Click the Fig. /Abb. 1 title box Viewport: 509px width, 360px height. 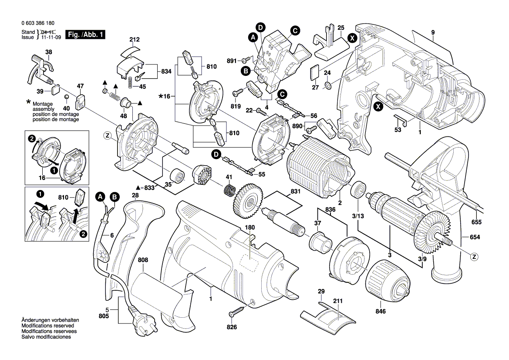[x=85, y=34]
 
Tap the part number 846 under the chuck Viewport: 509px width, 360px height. [x=381, y=311]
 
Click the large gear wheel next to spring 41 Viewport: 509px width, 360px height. [x=248, y=202]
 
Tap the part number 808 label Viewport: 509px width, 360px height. [x=143, y=260]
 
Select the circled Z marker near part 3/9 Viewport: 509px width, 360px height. [x=474, y=257]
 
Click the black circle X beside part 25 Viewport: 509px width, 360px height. [x=352, y=38]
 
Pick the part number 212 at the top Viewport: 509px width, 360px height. [x=135, y=39]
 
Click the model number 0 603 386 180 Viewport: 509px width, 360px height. [x=38, y=23]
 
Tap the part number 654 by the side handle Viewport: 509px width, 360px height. [x=475, y=237]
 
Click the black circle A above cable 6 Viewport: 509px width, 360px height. [x=101, y=197]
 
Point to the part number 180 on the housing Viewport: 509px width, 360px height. [x=249, y=228]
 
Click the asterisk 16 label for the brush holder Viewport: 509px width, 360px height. [x=165, y=96]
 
